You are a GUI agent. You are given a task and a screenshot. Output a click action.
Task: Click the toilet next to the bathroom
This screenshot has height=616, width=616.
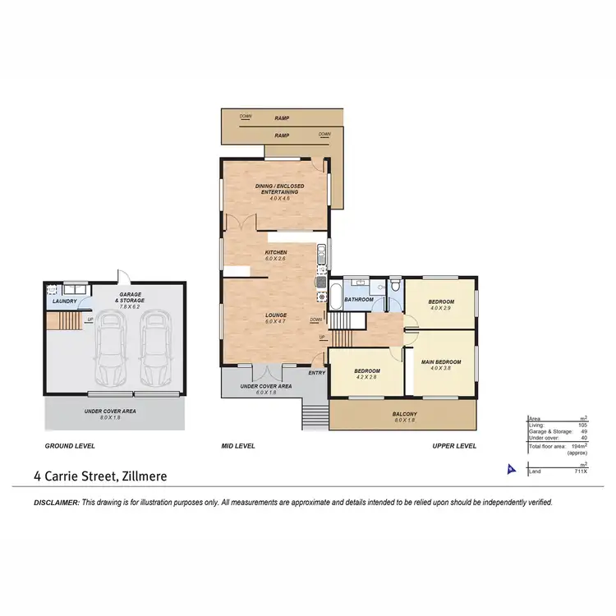pyautogui.click(x=395, y=286)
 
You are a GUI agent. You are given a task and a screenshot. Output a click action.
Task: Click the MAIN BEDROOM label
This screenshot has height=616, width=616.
pyautogui.click(x=441, y=362)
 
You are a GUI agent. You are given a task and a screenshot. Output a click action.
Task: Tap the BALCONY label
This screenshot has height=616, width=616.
pyautogui.click(x=404, y=413)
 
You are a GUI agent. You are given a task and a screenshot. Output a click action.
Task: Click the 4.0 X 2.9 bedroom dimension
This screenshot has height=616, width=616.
pyautogui.click(x=441, y=308)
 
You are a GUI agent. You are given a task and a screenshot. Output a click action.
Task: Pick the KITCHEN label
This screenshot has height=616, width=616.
pyautogui.click(x=274, y=252)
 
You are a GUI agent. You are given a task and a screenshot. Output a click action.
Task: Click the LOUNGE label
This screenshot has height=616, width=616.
pyautogui.click(x=274, y=314)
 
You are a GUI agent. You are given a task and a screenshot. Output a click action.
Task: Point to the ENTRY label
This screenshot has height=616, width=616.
pyautogui.click(x=317, y=373)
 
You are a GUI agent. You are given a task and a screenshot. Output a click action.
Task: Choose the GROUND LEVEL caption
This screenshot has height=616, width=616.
pyautogui.click(x=70, y=446)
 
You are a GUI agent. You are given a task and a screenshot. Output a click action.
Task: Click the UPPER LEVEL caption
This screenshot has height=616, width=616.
pyautogui.click(x=454, y=446)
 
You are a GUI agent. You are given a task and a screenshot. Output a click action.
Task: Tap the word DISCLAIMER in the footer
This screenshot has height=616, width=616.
pyautogui.click(x=57, y=502)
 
